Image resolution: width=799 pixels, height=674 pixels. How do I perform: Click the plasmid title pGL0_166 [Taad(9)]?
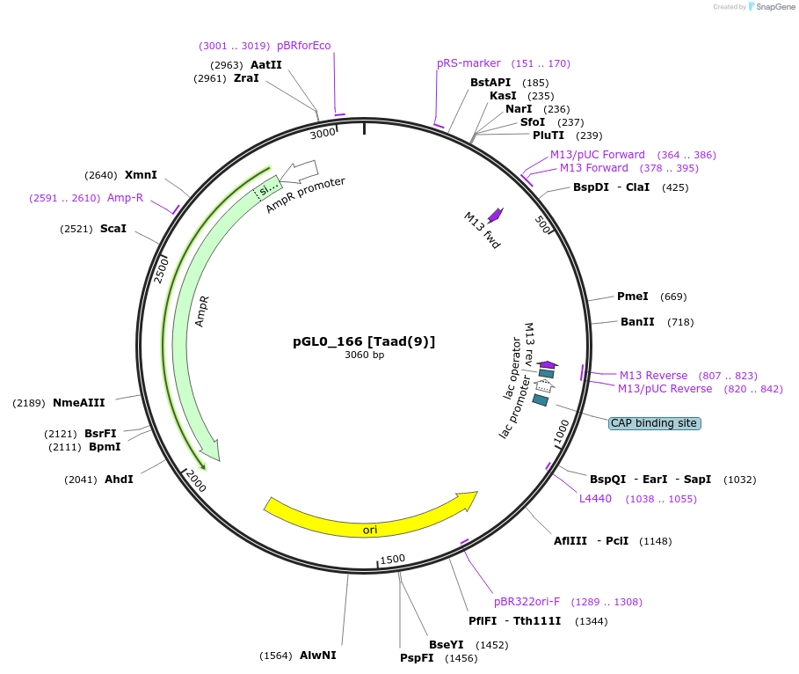(364, 341)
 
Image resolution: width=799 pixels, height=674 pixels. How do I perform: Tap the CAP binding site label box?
(654, 423)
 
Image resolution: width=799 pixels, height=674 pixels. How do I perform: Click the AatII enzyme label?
(266, 65)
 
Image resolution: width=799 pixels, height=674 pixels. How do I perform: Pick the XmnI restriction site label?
(141, 175)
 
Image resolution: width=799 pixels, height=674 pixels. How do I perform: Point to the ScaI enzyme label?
(113, 229)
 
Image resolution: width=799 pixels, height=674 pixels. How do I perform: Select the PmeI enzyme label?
(633, 297)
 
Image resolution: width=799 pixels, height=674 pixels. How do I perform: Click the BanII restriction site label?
(637, 322)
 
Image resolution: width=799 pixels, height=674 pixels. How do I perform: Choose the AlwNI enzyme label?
(317, 656)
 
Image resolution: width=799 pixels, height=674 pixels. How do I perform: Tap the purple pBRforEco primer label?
(304, 46)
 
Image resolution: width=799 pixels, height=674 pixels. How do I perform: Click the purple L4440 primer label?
(595, 499)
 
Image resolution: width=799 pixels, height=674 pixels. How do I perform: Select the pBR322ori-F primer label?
(527, 602)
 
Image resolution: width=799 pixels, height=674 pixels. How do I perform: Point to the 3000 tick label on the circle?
(323, 133)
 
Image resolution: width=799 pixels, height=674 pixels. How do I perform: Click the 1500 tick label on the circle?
(392, 559)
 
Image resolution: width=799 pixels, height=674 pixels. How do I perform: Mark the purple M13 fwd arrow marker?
(495, 215)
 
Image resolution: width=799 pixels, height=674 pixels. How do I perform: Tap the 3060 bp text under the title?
(364, 355)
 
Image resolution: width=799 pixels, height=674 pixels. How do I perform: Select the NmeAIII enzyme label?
(78, 403)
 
